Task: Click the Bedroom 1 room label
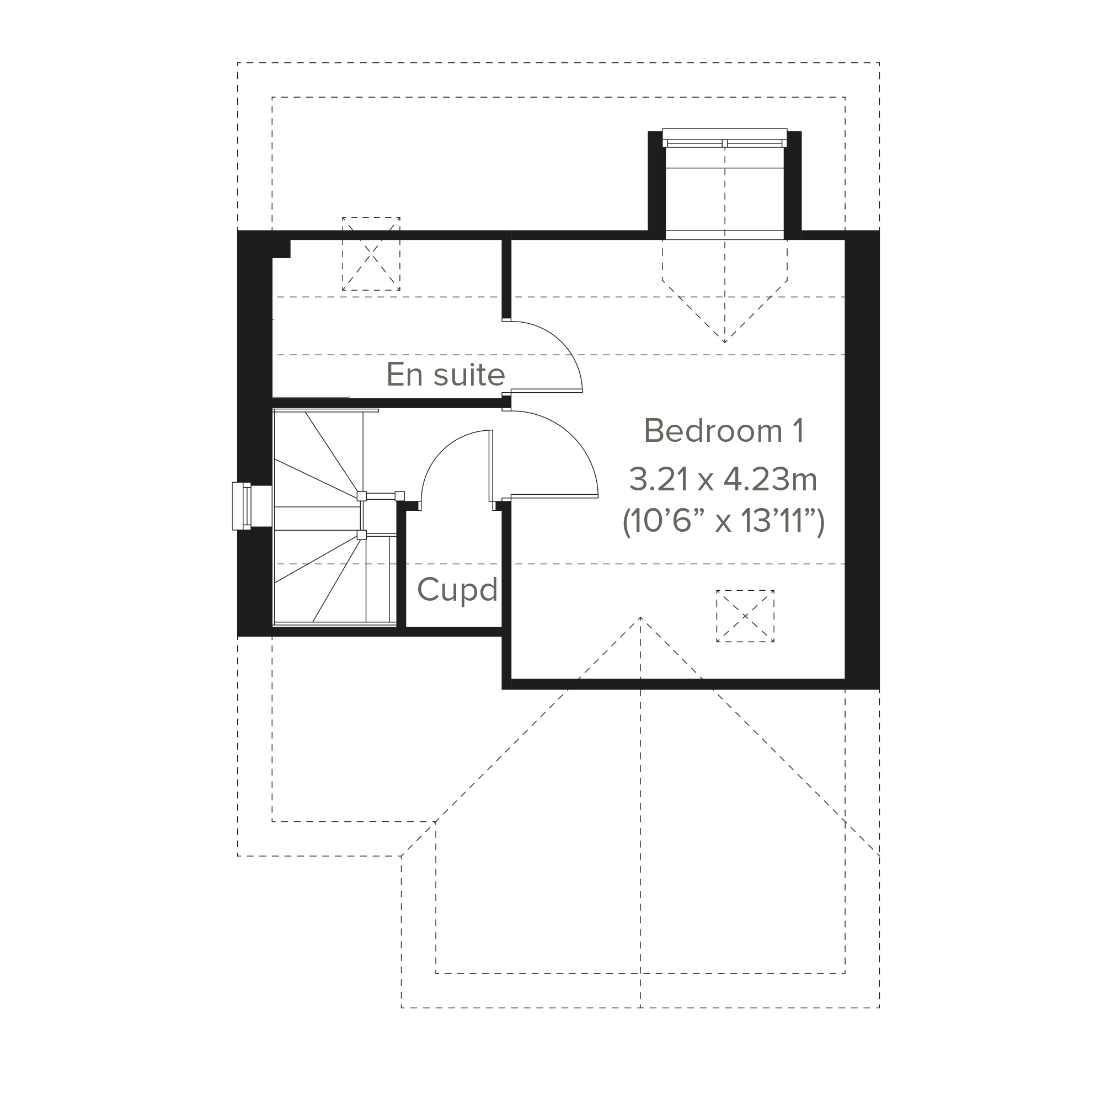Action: click(x=724, y=431)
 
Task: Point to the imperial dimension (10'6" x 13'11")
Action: click(x=723, y=521)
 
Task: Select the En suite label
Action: click(x=446, y=375)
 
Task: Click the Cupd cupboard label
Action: click(x=457, y=590)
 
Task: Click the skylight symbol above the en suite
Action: click(x=371, y=253)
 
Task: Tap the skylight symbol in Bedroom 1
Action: click(x=745, y=616)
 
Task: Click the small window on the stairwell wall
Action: click(x=242, y=506)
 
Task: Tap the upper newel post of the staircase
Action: click(x=361, y=496)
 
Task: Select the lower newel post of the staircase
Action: click(x=361, y=535)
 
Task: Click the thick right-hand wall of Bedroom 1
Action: click(x=862, y=459)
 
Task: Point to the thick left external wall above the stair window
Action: click(x=254, y=356)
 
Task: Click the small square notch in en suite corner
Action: click(x=281, y=249)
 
